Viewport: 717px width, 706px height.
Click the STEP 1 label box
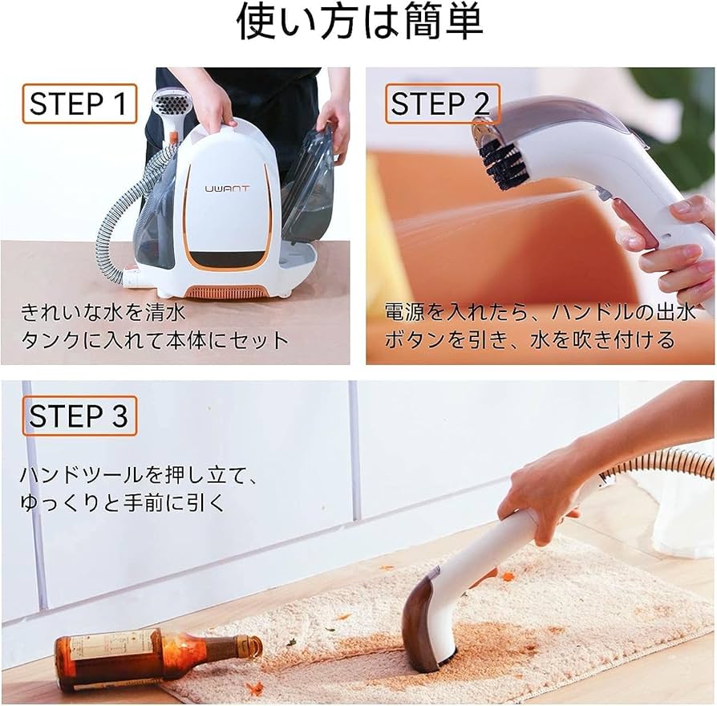click(78, 104)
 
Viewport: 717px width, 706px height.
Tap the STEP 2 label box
click(440, 104)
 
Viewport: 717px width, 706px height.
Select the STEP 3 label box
click(79, 416)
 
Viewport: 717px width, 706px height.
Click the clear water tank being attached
click(309, 189)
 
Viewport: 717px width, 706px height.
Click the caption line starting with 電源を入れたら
click(541, 311)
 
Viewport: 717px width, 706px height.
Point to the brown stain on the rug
click(497, 642)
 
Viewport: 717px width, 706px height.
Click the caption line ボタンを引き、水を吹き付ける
click(530, 339)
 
